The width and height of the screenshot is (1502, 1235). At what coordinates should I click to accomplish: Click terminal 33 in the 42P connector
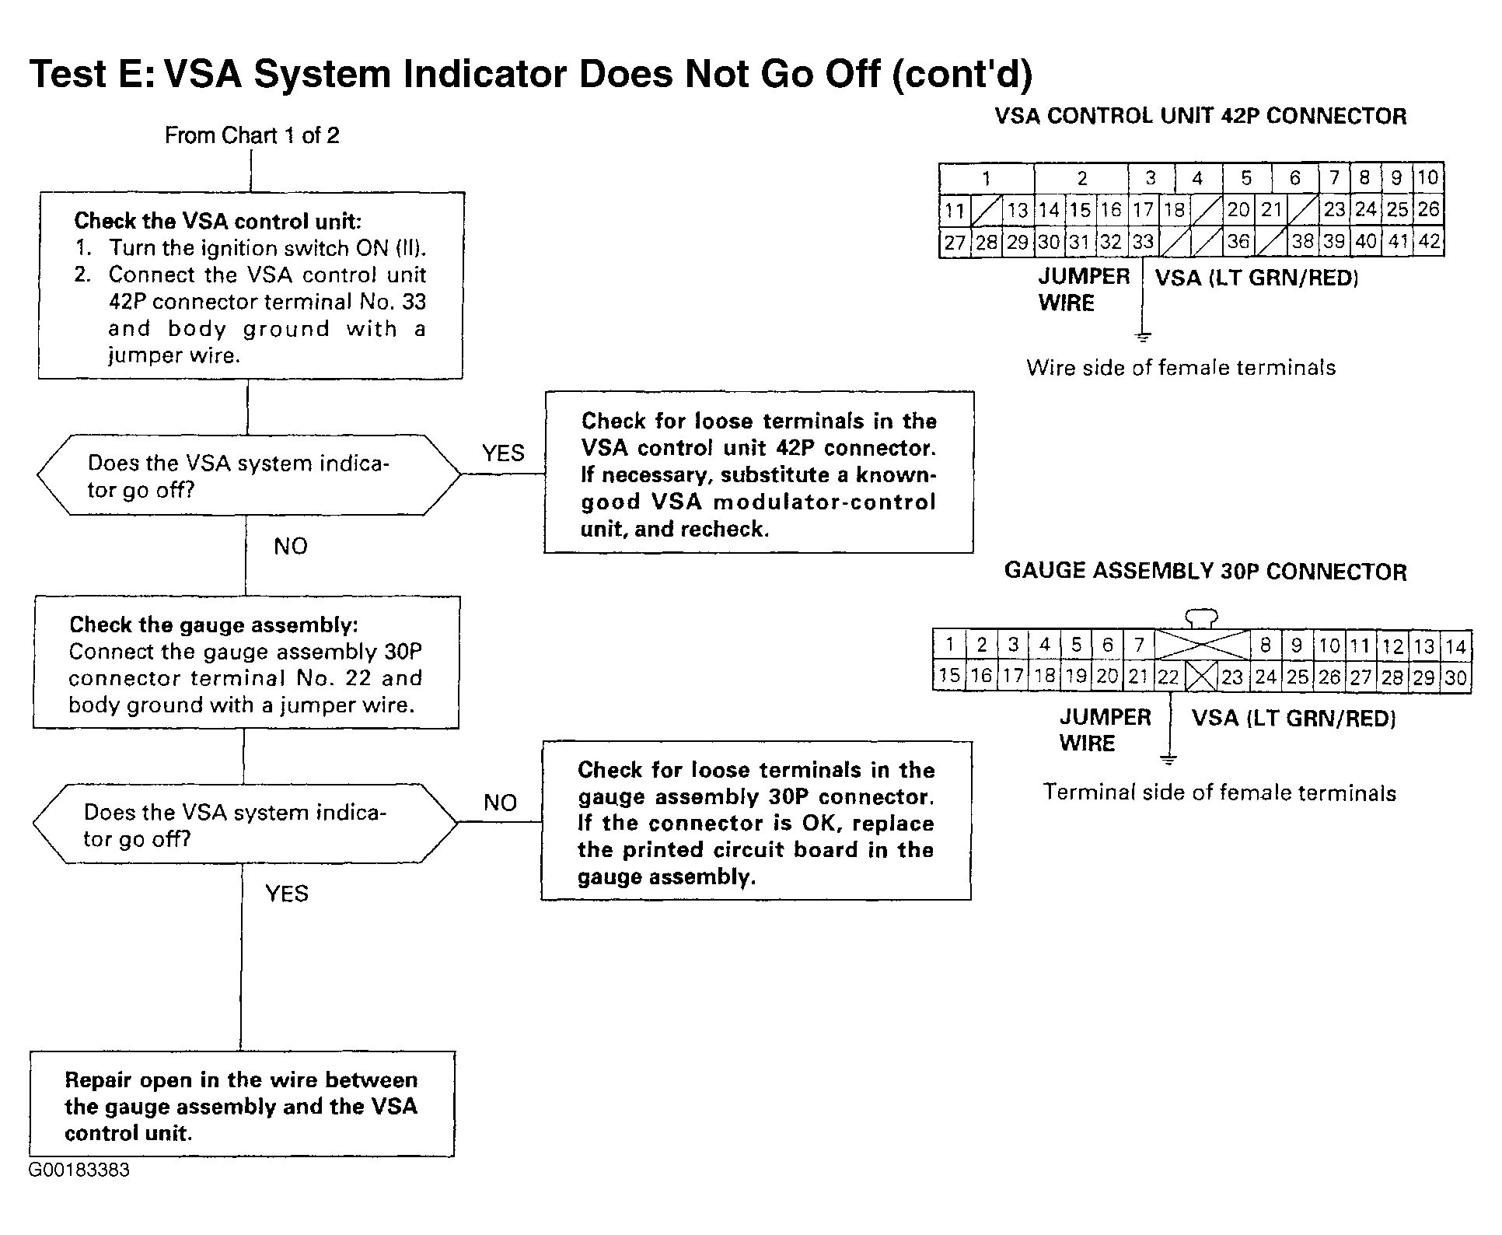tap(1143, 242)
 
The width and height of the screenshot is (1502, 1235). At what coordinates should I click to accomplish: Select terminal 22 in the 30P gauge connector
tap(1168, 677)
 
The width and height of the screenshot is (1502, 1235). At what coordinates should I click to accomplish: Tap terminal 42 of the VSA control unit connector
tap(1430, 241)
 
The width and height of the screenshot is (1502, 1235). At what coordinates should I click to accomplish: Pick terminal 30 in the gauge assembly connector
tap(1456, 677)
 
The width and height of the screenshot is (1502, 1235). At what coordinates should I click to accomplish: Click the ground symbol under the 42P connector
tap(1143, 337)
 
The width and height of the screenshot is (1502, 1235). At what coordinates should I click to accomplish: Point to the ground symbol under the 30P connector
tap(1168, 759)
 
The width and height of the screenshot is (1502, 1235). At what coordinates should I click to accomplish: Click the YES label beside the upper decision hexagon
tap(503, 453)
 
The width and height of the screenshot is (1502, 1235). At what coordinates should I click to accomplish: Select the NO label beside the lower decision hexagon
tap(500, 802)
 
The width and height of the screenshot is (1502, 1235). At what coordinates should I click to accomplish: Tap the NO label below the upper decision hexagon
tap(291, 546)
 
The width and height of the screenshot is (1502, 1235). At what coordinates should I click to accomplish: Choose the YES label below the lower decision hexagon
tap(287, 894)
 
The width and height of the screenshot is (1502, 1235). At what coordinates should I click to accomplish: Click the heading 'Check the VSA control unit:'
tap(218, 221)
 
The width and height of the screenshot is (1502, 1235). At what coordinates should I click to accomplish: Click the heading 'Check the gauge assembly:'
tap(214, 624)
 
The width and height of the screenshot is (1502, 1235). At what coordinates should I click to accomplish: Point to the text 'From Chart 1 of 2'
tap(252, 135)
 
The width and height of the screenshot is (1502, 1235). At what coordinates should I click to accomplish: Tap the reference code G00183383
tap(79, 1170)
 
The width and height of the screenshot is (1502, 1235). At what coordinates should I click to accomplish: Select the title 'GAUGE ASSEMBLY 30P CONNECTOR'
tap(1206, 571)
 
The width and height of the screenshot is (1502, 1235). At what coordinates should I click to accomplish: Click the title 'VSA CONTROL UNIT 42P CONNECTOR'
tap(1201, 116)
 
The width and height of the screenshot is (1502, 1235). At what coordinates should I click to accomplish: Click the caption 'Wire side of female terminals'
tap(1181, 367)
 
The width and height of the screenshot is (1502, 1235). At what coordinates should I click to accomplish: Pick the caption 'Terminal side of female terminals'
tap(1220, 792)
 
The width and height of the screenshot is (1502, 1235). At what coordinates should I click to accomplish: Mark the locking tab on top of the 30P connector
tap(1201, 619)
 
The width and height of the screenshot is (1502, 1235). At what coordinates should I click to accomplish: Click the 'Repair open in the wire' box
tap(242, 1104)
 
